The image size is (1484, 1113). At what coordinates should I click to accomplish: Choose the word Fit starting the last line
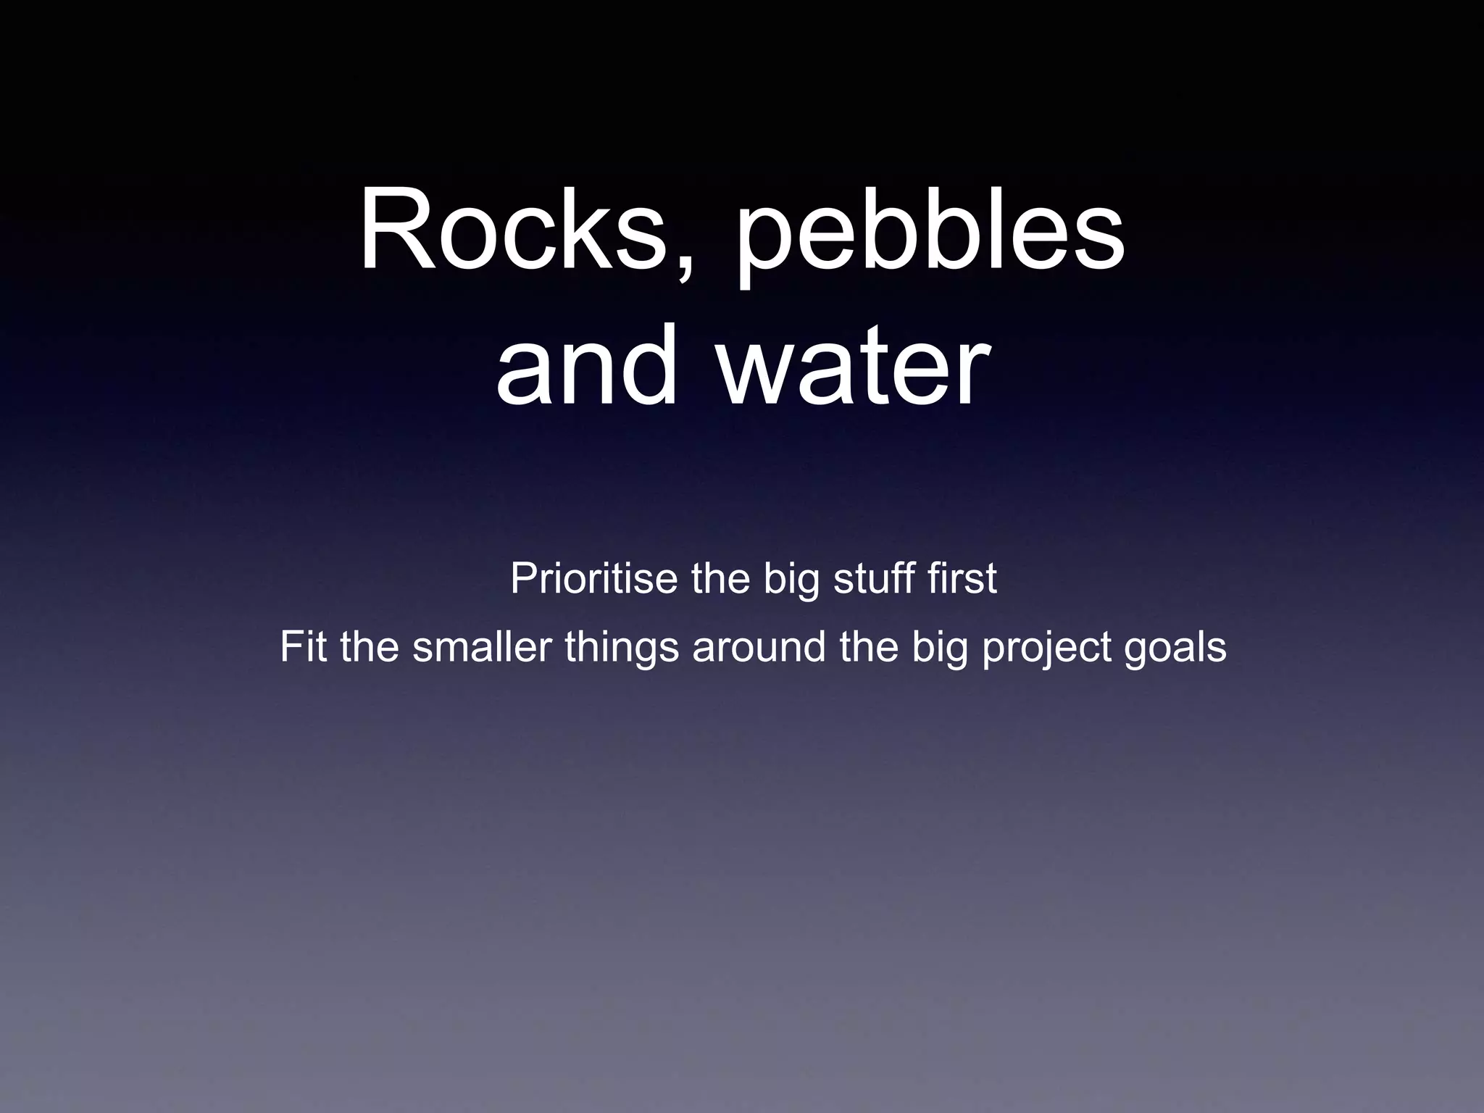pyautogui.click(x=303, y=646)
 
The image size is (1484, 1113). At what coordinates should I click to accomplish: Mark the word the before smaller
pyautogui.click(x=369, y=646)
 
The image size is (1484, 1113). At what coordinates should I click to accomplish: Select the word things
pyautogui.click(x=622, y=648)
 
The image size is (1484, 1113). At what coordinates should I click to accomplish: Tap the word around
pyautogui.click(x=759, y=646)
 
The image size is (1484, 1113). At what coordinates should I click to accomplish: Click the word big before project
pyautogui.click(x=940, y=648)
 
